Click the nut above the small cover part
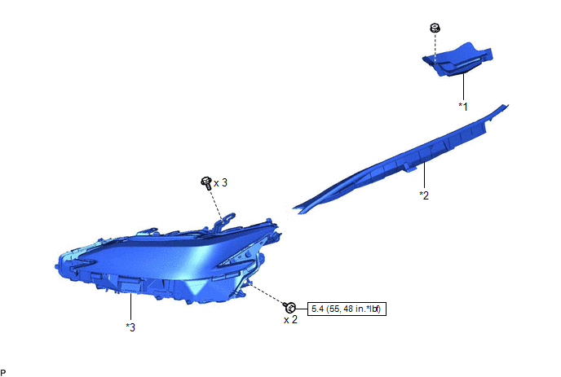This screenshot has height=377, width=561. click(435, 28)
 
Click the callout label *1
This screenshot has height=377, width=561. click(463, 107)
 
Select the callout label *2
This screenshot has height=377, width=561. click(424, 195)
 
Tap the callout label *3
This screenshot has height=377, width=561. click(130, 327)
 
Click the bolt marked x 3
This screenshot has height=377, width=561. click(206, 183)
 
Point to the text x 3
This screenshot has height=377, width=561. click(220, 183)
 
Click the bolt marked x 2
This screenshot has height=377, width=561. click(289, 307)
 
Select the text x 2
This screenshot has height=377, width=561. click(290, 320)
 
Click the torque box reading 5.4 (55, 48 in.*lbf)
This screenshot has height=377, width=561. click(347, 309)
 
